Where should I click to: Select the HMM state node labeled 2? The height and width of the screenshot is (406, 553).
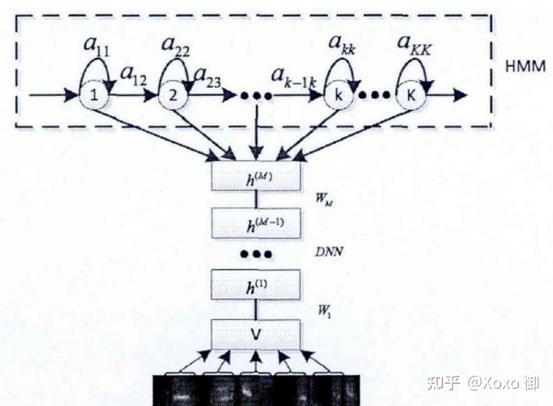coord(173,95)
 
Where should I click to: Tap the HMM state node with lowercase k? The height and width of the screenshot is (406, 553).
coord(337,95)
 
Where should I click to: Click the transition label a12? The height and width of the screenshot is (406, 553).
coord(133,74)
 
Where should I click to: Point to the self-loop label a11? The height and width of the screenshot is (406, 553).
coord(97,45)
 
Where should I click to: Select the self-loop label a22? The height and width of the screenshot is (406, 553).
coord(174,45)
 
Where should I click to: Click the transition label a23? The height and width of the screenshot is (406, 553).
coord(208,74)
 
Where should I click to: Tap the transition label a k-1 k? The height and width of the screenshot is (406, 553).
coord(293,74)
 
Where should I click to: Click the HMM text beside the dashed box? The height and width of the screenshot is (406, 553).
coord(524,66)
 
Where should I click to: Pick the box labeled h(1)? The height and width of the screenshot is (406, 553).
coord(256,284)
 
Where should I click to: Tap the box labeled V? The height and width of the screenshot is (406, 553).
coord(256,333)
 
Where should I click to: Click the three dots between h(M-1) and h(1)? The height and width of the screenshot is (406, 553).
coord(256,253)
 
